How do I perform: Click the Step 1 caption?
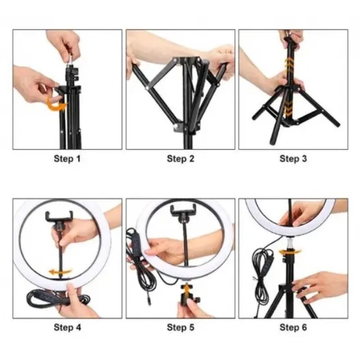[67, 159]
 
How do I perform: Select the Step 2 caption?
[180, 159]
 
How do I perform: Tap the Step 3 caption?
[293, 159]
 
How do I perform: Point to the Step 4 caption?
[67, 327]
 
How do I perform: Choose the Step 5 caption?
[180, 327]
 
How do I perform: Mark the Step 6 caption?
[293, 327]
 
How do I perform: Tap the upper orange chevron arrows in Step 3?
[288, 63]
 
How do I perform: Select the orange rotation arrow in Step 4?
[60, 272]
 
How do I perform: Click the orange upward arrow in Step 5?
[187, 289]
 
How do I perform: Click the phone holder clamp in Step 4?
[59, 217]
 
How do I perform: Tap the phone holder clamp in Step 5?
[183, 210]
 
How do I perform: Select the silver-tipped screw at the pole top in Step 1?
[70, 60]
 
